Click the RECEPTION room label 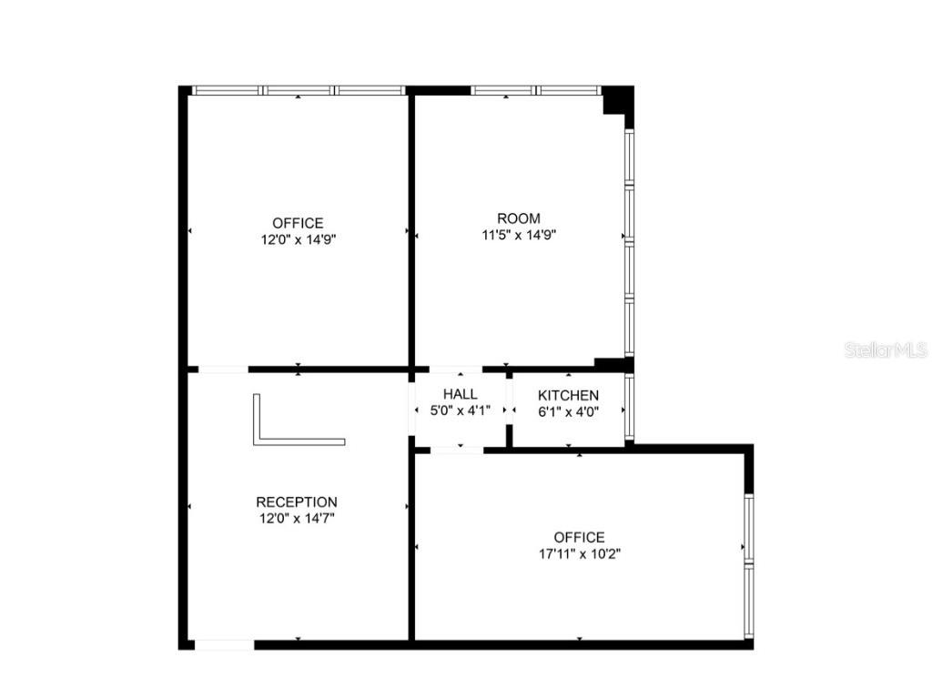point(297,501)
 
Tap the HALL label point(461,394)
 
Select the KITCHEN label point(568,395)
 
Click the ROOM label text point(519,218)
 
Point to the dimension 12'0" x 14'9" point(298,239)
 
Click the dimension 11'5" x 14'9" point(519,235)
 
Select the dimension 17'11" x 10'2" point(579,553)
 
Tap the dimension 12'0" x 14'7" point(297,518)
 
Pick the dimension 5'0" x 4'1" point(461,410)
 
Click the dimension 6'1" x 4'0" point(568,411)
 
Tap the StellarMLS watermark point(885,349)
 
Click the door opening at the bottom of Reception point(224,644)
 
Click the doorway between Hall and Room point(456,370)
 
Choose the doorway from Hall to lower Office point(456,450)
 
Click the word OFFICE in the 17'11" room point(579,537)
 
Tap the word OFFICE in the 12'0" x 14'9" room point(298,223)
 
